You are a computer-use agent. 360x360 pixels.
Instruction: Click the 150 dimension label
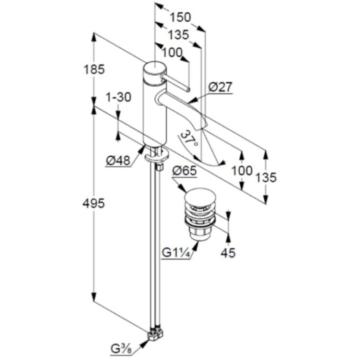point(180,17)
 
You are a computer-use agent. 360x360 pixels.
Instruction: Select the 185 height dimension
point(94,69)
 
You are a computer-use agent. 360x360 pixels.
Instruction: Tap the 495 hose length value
point(93,203)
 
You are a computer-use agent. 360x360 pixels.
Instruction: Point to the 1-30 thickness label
point(118,97)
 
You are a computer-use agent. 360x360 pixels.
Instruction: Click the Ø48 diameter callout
point(118,160)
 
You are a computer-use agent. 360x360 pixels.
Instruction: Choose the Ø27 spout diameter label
point(220,87)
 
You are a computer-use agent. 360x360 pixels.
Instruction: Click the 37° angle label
point(188,138)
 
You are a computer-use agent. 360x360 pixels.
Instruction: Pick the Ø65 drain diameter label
point(184,171)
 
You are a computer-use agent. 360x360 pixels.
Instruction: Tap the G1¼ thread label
point(175,253)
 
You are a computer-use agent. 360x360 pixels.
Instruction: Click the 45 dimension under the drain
point(228,253)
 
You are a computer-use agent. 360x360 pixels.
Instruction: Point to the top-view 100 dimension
point(172,52)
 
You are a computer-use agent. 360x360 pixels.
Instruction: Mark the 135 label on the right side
point(266,177)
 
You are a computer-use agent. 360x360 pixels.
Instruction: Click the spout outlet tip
point(203,127)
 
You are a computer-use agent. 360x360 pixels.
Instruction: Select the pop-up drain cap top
point(200,196)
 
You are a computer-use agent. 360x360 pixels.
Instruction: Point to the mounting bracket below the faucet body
point(157,156)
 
